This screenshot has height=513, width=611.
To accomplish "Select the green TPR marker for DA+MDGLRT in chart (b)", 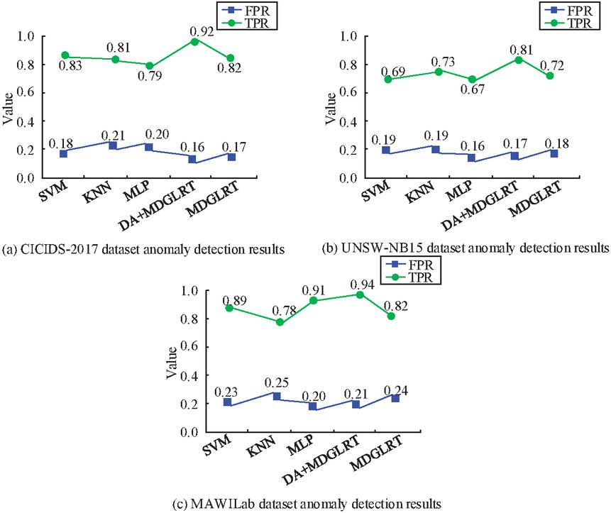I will point(518,60).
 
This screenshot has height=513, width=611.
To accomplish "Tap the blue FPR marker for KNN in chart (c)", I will point(275,396).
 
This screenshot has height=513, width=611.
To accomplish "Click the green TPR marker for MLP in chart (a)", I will point(148,66).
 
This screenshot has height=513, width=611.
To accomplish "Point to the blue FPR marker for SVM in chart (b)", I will point(386,150).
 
